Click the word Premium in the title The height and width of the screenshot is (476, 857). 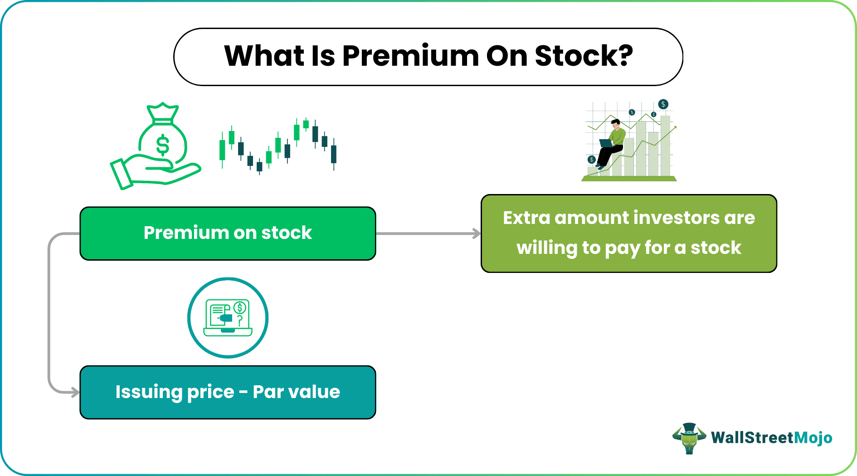click(410, 56)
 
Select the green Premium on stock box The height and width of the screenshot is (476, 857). click(228, 233)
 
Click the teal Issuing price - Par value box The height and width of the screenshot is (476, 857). click(228, 392)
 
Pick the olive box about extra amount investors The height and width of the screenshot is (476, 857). click(629, 233)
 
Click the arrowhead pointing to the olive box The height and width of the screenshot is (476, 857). click(477, 233)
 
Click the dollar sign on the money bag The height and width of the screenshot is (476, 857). click(162, 145)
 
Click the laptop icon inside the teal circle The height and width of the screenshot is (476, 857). click(228, 317)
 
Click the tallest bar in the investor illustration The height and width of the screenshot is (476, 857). click(665, 145)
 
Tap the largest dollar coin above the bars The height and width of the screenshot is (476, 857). click(663, 104)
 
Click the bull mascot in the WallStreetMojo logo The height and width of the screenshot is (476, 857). click(689, 438)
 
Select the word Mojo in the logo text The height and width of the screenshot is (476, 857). click(813, 438)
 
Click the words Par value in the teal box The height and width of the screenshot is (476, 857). click(296, 392)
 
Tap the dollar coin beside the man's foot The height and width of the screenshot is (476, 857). click(591, 160)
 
